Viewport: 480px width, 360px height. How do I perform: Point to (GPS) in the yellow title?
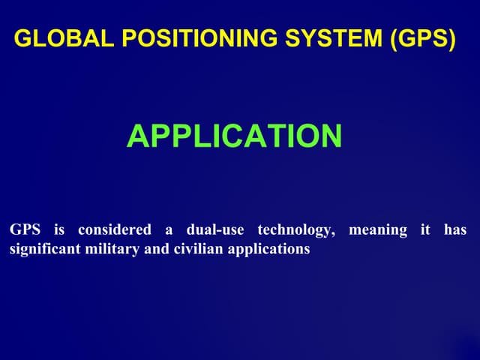pyautogui.click(x=422, y=40)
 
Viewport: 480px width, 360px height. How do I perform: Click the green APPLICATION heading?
pyautogui.click(x=234, y=136)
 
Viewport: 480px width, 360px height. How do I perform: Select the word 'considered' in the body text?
pyautogui.click(x=115, y=229)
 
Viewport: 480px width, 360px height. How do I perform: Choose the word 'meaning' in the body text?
pyautogui.click(x=378, y=230)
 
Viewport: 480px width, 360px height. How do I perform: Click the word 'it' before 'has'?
pyautogui.click(x=425, y=229)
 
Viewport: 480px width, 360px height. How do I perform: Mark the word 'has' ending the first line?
pyautogui.click(x=454, y=229)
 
